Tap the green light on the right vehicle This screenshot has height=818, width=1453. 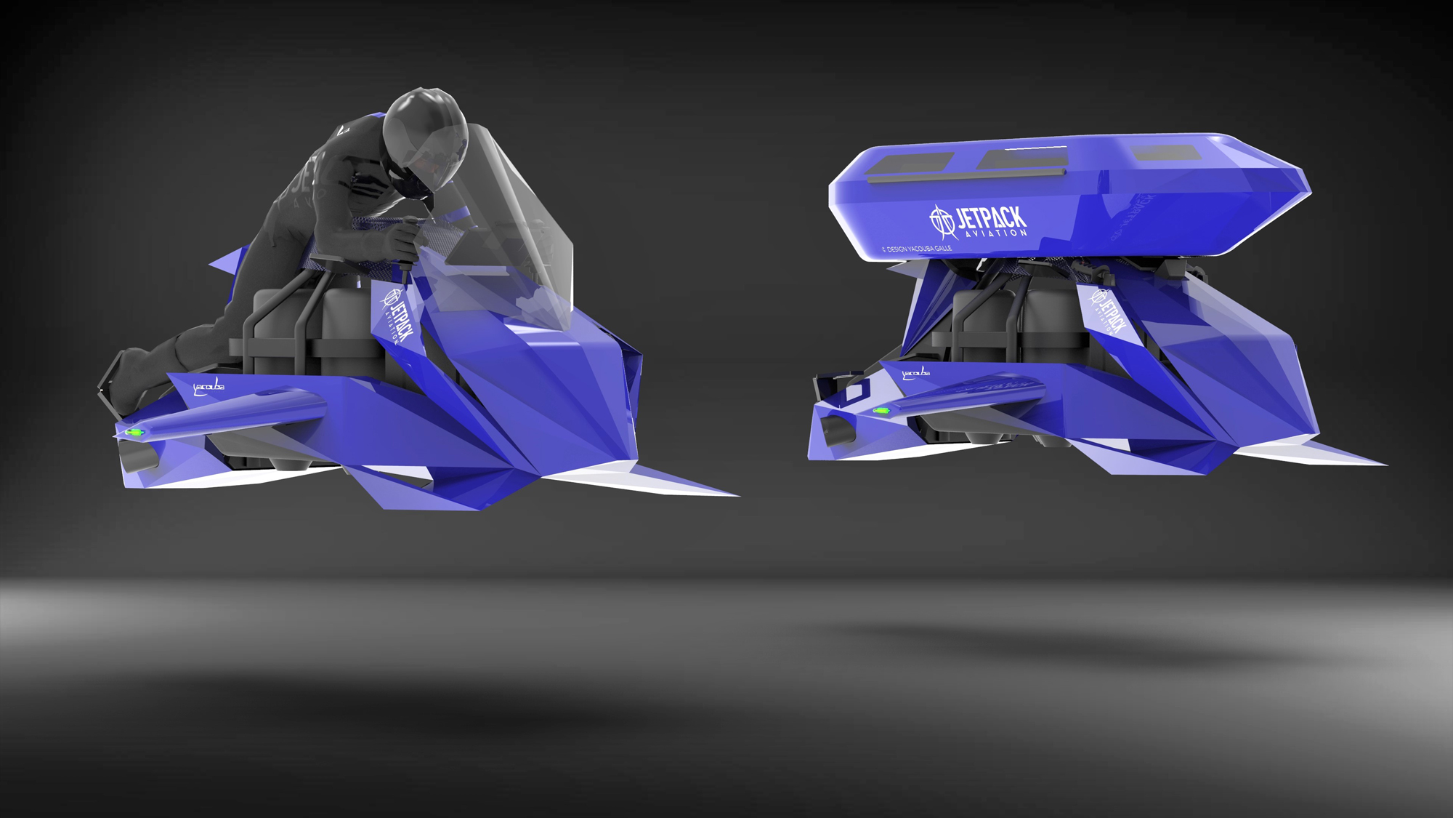[x=881, y=412]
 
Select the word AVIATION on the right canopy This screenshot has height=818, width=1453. [x=996, y=233]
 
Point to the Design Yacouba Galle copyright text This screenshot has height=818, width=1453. [x=916, y=249]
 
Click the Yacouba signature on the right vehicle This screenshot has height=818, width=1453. [x=915, y=374]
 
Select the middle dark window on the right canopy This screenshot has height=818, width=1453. [x=1014, y=159]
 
